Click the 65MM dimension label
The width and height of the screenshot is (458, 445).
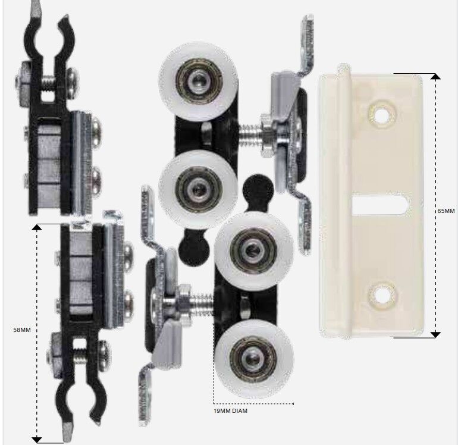tap(446, 211)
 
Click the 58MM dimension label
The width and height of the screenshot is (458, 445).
tap(22, 330)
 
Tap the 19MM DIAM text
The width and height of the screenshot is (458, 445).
tap(230, 411)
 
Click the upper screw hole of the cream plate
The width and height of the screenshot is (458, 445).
tap(381, 116)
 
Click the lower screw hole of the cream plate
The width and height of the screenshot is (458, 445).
tap(382, 296)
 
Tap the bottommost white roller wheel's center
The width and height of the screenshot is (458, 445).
tap(253, 359)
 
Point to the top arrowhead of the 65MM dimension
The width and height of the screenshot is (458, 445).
tap(436, 77)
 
